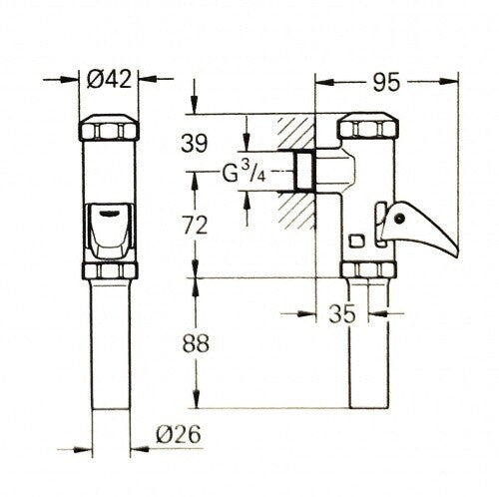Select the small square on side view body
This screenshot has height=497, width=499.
click(357, 240)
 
